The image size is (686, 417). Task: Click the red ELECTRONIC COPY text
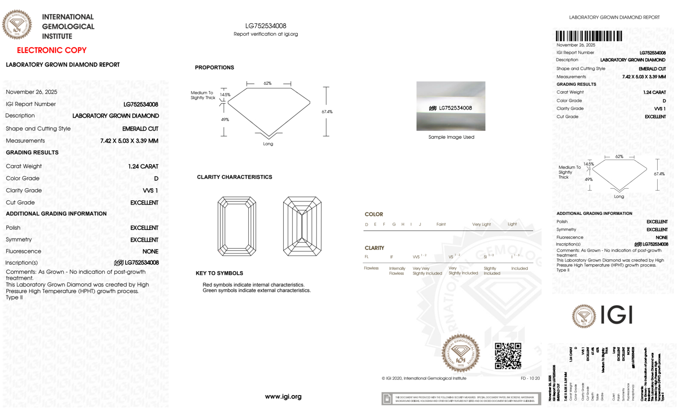coord(51,50)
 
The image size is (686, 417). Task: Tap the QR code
coord(508,356)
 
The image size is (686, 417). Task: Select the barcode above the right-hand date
coord(589,36)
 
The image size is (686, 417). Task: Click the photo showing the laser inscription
coord(450,106)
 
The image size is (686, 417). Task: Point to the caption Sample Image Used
coord(451,137)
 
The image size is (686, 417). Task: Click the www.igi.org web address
coord(283,396)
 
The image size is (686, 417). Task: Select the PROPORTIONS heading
coord(214,68)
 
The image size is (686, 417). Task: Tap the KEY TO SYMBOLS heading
coord(219,273)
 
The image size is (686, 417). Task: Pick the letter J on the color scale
coord(420,224)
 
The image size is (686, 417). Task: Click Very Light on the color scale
coord(481,224)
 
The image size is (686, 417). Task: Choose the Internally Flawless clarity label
coord(397,271)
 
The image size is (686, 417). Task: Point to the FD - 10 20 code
coord(530,378)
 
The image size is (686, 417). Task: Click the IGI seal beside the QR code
coord(460,353)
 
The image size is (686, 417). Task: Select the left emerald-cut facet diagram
coord(237,226)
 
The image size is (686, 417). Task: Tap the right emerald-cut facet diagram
coord(302,226)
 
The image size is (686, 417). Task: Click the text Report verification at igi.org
coord(266,34)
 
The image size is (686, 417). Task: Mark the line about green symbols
coord(256,290)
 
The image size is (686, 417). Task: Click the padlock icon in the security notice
coord(387,399)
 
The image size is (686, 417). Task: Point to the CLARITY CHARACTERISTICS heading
coord(234,177)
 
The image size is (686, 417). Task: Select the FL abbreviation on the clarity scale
coord(366,257)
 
